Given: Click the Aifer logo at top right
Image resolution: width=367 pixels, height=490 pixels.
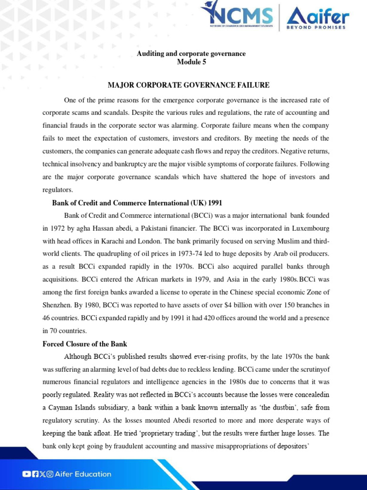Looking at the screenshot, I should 317,18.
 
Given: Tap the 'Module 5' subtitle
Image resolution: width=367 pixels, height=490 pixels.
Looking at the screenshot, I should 191,62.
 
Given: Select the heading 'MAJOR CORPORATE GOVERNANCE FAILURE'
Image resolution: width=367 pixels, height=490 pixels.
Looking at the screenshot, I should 188,85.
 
